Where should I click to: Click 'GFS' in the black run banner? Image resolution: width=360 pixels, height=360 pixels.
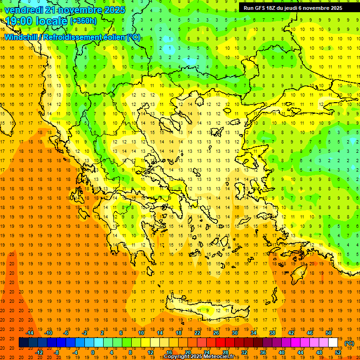click(261, 8)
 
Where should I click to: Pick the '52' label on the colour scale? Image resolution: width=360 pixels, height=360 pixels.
click(338, 352)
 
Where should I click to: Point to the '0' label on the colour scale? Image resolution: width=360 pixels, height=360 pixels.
click(92, 352)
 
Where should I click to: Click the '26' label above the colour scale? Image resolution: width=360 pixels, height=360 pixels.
click(216, 333)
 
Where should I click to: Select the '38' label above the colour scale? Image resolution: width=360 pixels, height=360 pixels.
click(272, 333)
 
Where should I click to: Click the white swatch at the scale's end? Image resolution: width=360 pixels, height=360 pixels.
click(333, 343)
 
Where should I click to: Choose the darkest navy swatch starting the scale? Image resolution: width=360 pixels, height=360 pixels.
click(23, 343)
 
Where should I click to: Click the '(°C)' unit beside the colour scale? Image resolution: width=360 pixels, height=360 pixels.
click(349, 343)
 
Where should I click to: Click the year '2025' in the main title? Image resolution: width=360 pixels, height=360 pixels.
click(114, 10)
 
